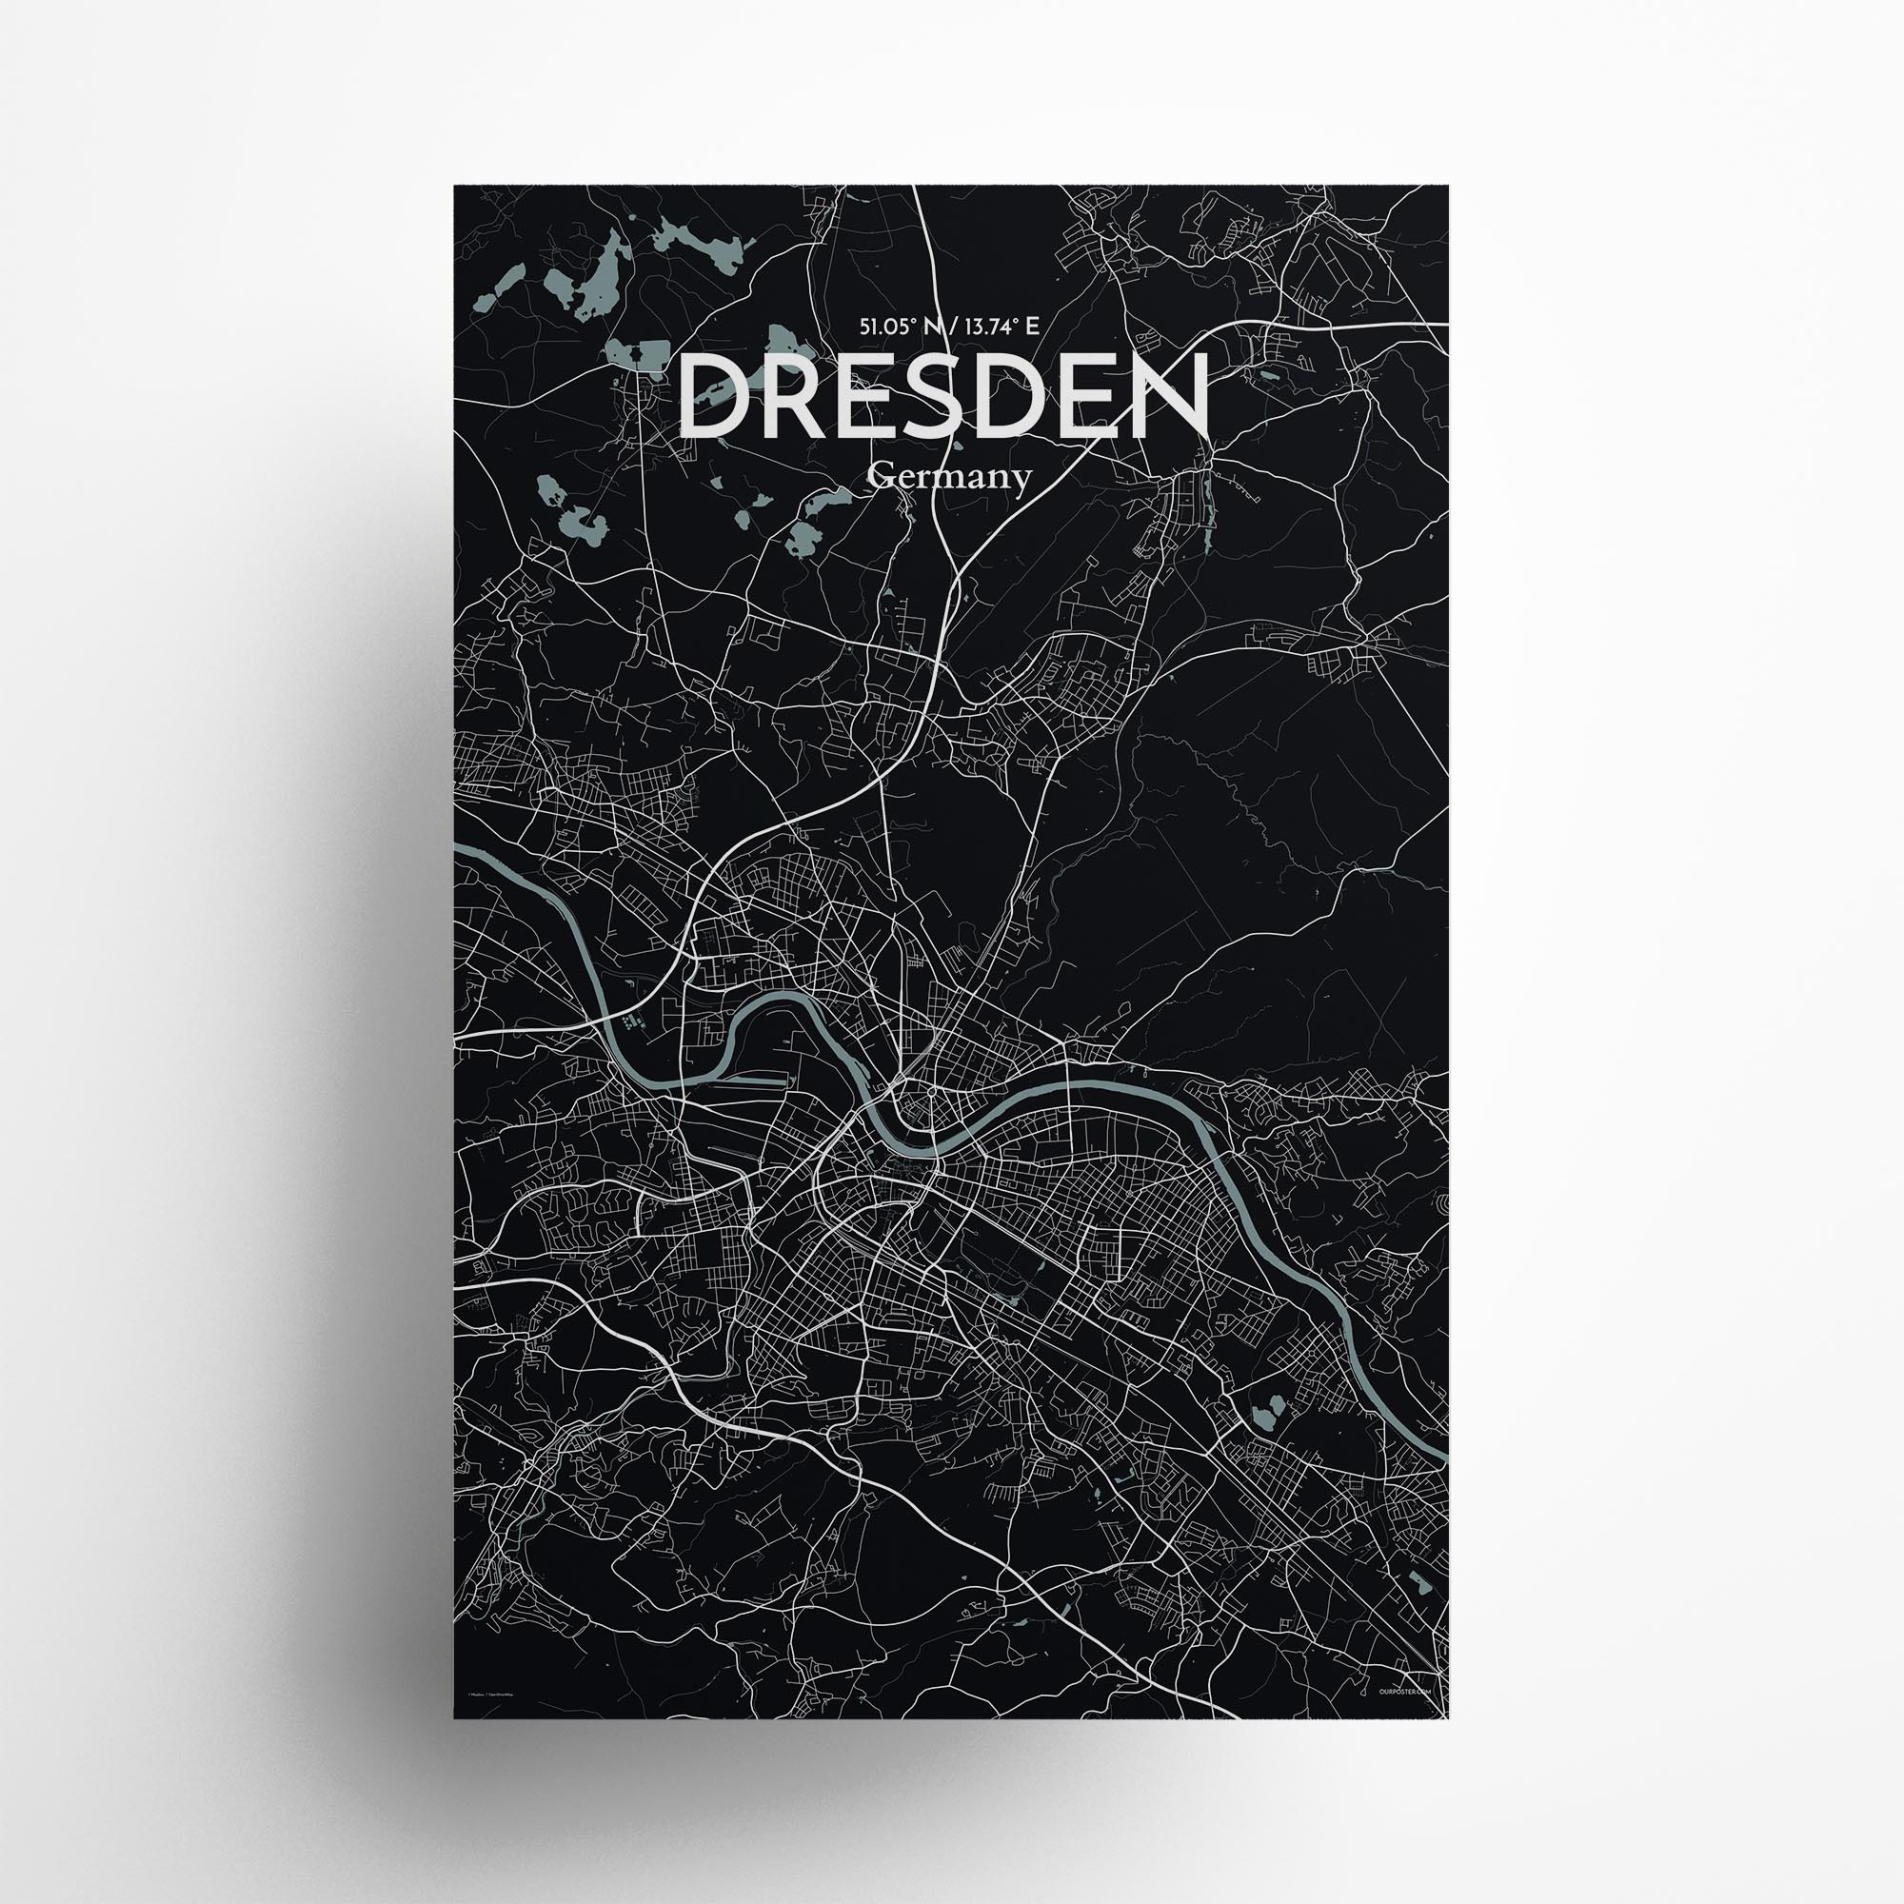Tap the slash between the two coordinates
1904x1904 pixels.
pyautogui.click(x=945, y=327)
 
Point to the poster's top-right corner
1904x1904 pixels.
pyautogui.click(x=1448, y=186)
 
